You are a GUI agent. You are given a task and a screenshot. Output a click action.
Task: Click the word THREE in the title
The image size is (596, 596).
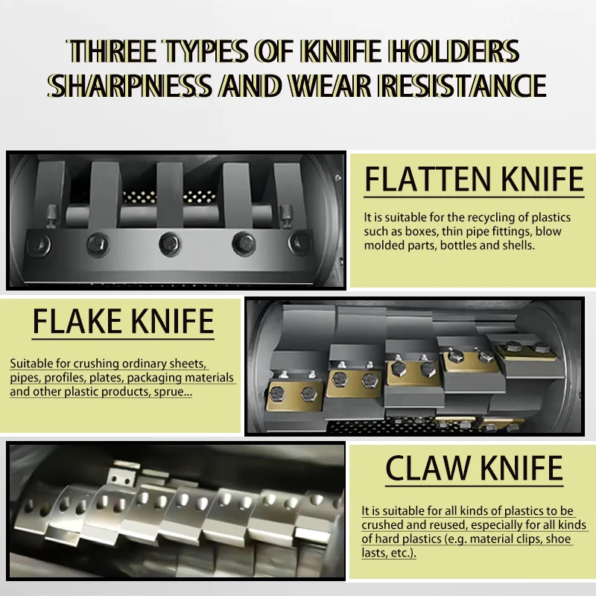112,51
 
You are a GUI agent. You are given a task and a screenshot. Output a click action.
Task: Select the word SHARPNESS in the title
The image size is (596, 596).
130,86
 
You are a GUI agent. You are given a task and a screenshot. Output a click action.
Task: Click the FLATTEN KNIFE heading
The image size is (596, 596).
474,179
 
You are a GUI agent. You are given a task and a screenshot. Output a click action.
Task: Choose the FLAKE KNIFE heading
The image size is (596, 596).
123,322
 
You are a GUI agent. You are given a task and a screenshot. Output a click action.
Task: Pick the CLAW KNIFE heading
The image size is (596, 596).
474,469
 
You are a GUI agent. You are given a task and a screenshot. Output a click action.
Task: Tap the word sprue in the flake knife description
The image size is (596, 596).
173,392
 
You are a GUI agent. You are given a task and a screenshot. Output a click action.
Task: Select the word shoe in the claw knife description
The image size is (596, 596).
559,539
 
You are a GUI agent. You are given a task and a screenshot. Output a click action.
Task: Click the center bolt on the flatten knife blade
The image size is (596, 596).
170,244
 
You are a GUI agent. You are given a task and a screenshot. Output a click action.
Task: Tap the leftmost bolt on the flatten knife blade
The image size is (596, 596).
39,244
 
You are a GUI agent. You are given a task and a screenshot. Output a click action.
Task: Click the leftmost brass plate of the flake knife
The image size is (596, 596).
294,396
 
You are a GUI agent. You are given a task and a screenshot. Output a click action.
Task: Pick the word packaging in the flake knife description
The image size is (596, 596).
150,378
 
